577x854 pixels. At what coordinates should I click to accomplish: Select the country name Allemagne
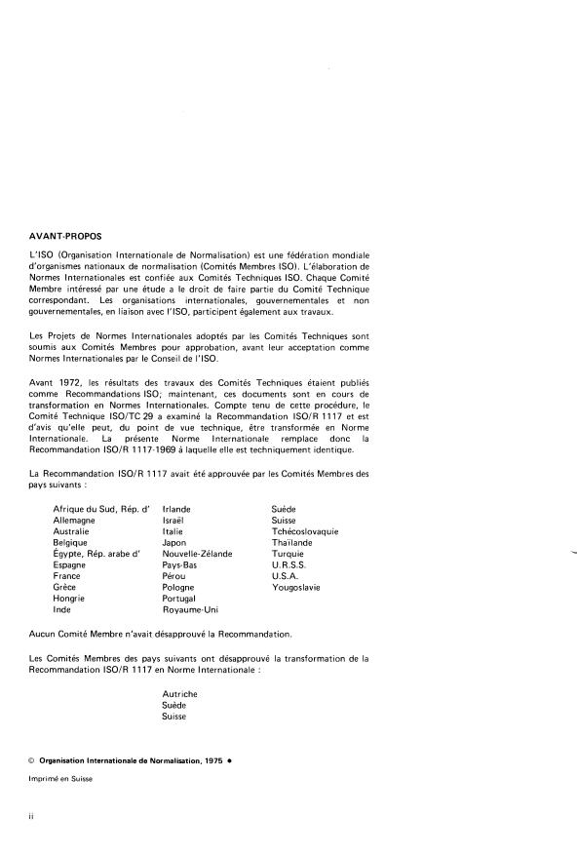pos(74,521)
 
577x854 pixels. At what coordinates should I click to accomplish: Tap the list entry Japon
pos(174,543)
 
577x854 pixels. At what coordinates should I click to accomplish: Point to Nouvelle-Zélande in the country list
pos(197,554)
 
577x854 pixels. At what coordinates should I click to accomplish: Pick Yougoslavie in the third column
pos(296,588)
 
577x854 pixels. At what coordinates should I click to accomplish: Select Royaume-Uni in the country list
pos(189,609)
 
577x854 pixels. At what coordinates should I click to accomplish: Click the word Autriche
pos(180,693)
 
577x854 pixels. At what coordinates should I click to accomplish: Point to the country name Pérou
pos(175,576)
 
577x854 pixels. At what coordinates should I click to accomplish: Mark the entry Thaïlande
pos(292,543)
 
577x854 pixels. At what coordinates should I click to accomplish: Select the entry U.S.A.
pos(285,576)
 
